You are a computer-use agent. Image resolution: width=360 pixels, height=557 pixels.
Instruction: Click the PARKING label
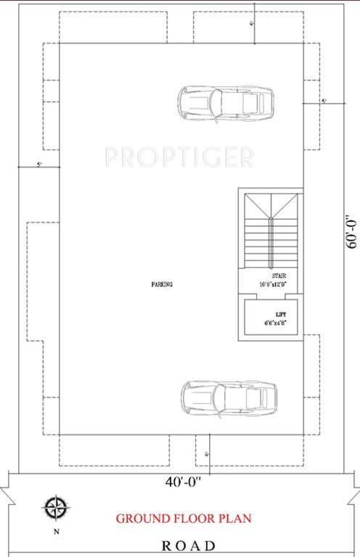pos(162,285)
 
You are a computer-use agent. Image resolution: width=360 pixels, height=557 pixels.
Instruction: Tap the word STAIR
pos(279,276)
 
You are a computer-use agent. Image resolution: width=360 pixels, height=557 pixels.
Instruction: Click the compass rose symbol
pos(54,507)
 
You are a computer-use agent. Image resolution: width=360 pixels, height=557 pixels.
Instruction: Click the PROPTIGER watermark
pos(179,156)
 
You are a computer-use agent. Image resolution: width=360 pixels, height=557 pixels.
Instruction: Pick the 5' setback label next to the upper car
pos(324,100)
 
